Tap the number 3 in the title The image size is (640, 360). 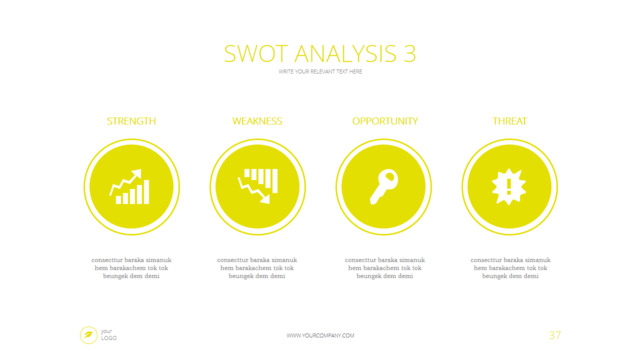click(409, 53)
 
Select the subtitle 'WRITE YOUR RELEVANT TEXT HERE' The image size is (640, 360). click(320, 72)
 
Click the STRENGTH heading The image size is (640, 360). click(131, 121)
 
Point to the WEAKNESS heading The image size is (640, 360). click(257, 121)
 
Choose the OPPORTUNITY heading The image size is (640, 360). click(384, 121)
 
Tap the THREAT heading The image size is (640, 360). click(510, 121)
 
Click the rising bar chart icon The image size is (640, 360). click(131, 187)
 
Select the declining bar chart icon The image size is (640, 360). click(257, 187)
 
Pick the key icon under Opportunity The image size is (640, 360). click(383, 187)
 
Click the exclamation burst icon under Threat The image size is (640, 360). click(509, 187)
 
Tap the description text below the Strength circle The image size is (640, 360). click(131, 268)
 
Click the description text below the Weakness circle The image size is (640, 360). click(257, 268)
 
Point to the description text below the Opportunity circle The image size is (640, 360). click(384, 268)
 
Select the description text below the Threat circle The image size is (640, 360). click(510, 268)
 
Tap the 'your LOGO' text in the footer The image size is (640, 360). click(108, 335)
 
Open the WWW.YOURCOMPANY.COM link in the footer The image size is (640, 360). click(320, 336)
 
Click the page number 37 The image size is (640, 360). click(554, 335)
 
